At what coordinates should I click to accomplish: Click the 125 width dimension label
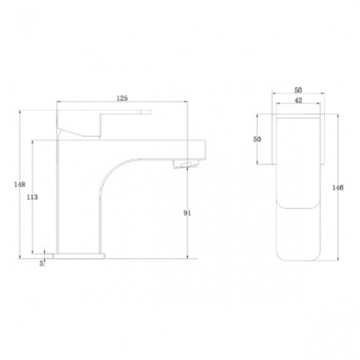(x=122, y=98)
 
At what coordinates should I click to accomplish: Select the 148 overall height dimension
(x=19, y=184)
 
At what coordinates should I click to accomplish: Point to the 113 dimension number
(x=32, y=197)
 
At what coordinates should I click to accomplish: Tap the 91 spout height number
(x=187, y=213)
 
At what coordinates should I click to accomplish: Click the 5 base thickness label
(x=42, y=263)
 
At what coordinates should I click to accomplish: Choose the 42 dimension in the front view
(x=298, y=100)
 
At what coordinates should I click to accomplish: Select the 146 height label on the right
(x=338, y=188)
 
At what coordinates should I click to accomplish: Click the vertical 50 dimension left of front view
(x=257, y=139)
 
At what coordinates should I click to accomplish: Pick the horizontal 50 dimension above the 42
(x=298, y=90)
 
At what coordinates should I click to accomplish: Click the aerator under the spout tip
(x=186, y=164)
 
